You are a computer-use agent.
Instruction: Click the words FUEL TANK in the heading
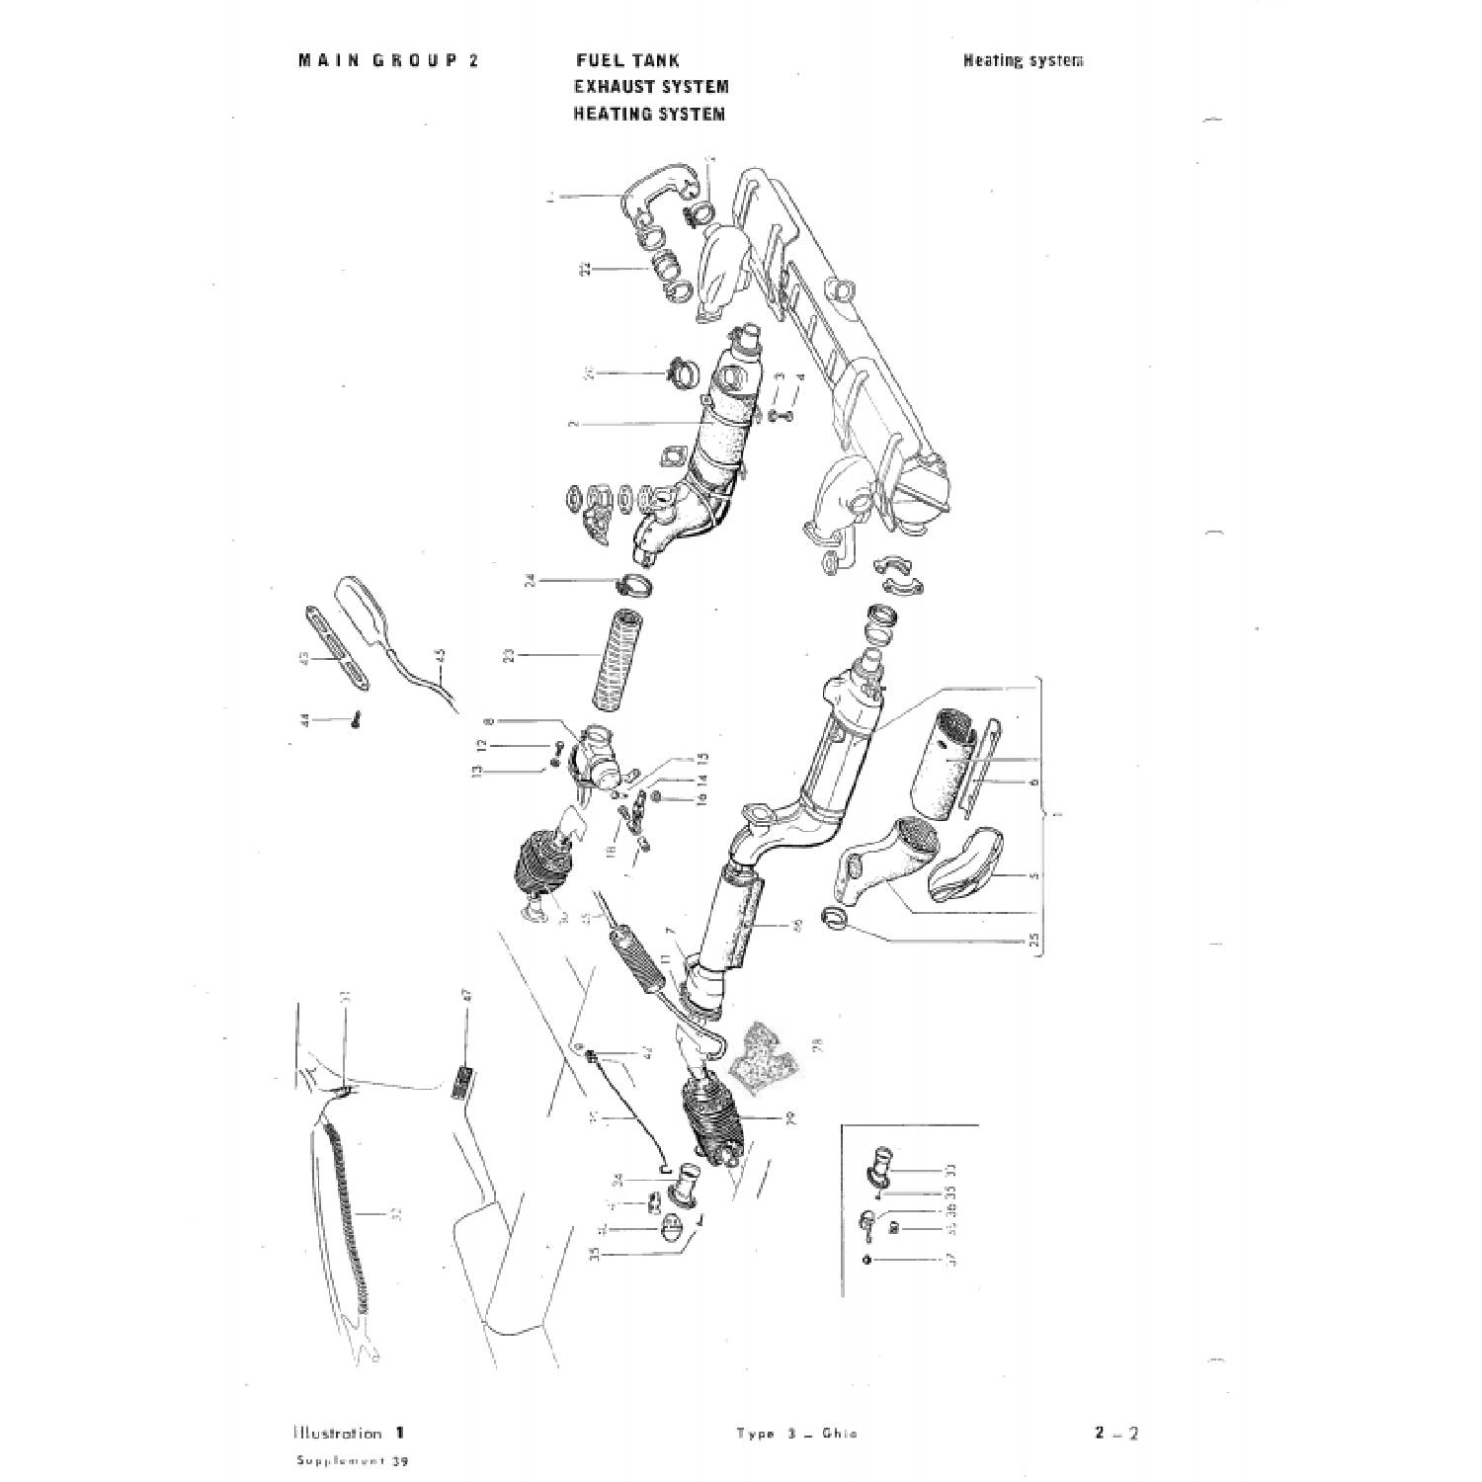point(626,60)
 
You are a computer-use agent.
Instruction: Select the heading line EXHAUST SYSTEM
point(651,87)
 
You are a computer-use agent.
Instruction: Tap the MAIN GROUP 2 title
point(388,60)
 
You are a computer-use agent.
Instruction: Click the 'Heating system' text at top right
point(1023,60)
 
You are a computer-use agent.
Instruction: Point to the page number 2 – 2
point(1116,1434)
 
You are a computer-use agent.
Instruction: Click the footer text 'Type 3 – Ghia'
point(797,1435)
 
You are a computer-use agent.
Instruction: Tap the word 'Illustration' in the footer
point(337,1434)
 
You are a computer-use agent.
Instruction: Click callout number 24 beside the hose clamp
point(531,581)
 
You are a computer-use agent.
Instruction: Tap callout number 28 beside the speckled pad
point(817,1044)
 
